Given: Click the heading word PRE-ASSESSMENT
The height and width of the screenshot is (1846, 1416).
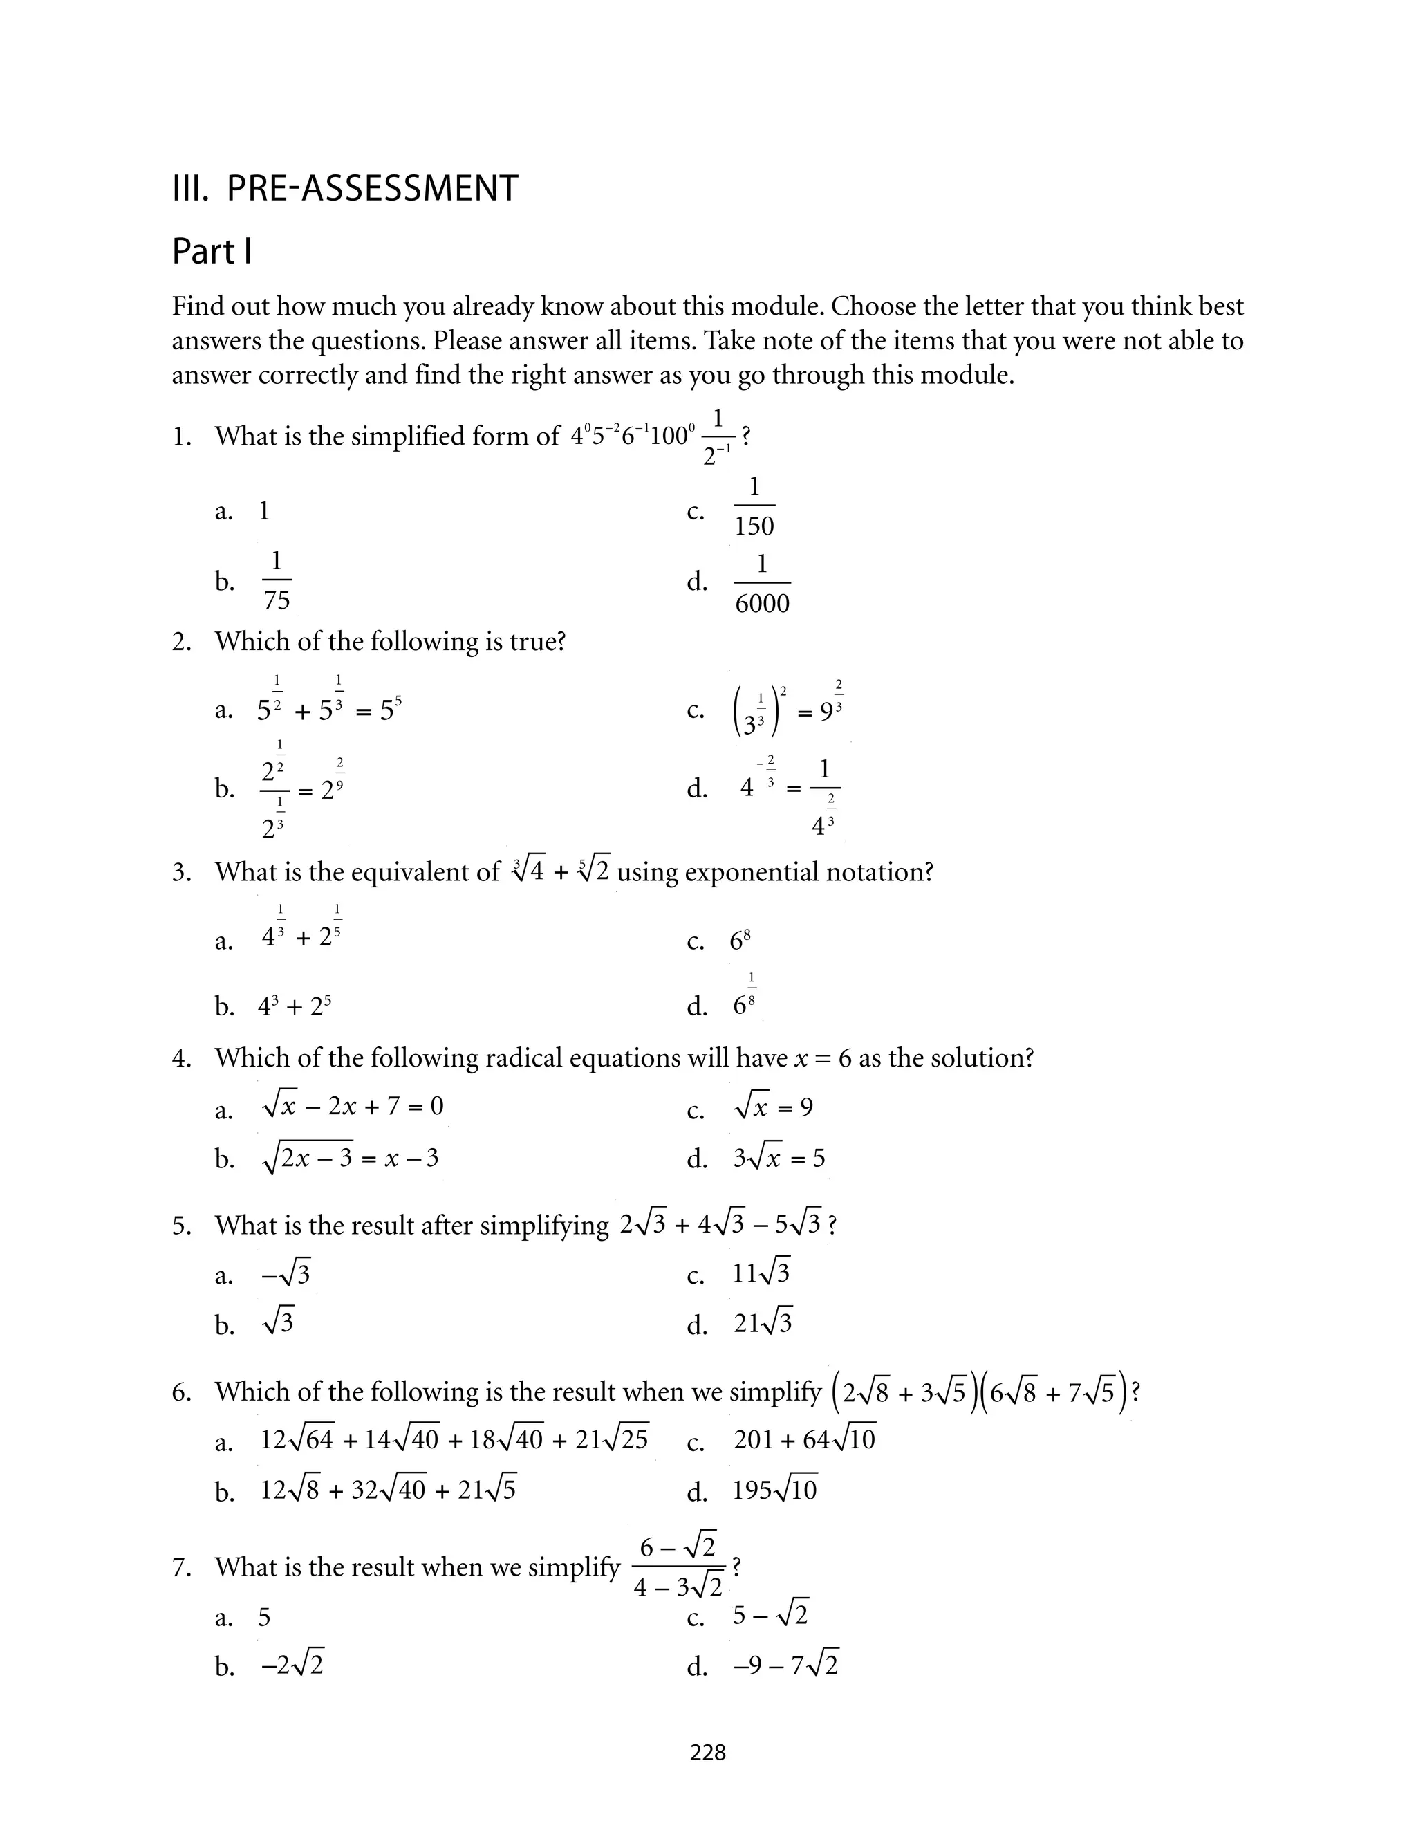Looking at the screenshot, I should tap(372, 188).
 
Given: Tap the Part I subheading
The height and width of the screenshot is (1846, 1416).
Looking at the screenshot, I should tap(212, 251).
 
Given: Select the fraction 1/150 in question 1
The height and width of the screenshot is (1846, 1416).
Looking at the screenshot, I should tap(754, 506).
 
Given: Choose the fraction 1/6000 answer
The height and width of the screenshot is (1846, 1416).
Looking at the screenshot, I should tap(762, 583).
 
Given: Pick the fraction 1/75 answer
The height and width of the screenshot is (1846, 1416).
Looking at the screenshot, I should tap(277, 581).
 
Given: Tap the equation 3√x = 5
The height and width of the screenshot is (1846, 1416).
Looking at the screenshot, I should tap(779, 1159).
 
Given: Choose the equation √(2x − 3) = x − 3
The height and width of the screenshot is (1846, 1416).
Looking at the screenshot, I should tap(350, 1159).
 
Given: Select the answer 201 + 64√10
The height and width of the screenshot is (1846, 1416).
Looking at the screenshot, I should tap(804, 1440).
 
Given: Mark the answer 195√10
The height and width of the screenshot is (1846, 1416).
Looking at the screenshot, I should tap(774, 1490).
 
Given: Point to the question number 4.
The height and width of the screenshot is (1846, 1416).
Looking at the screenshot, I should tap(181, 1059).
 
